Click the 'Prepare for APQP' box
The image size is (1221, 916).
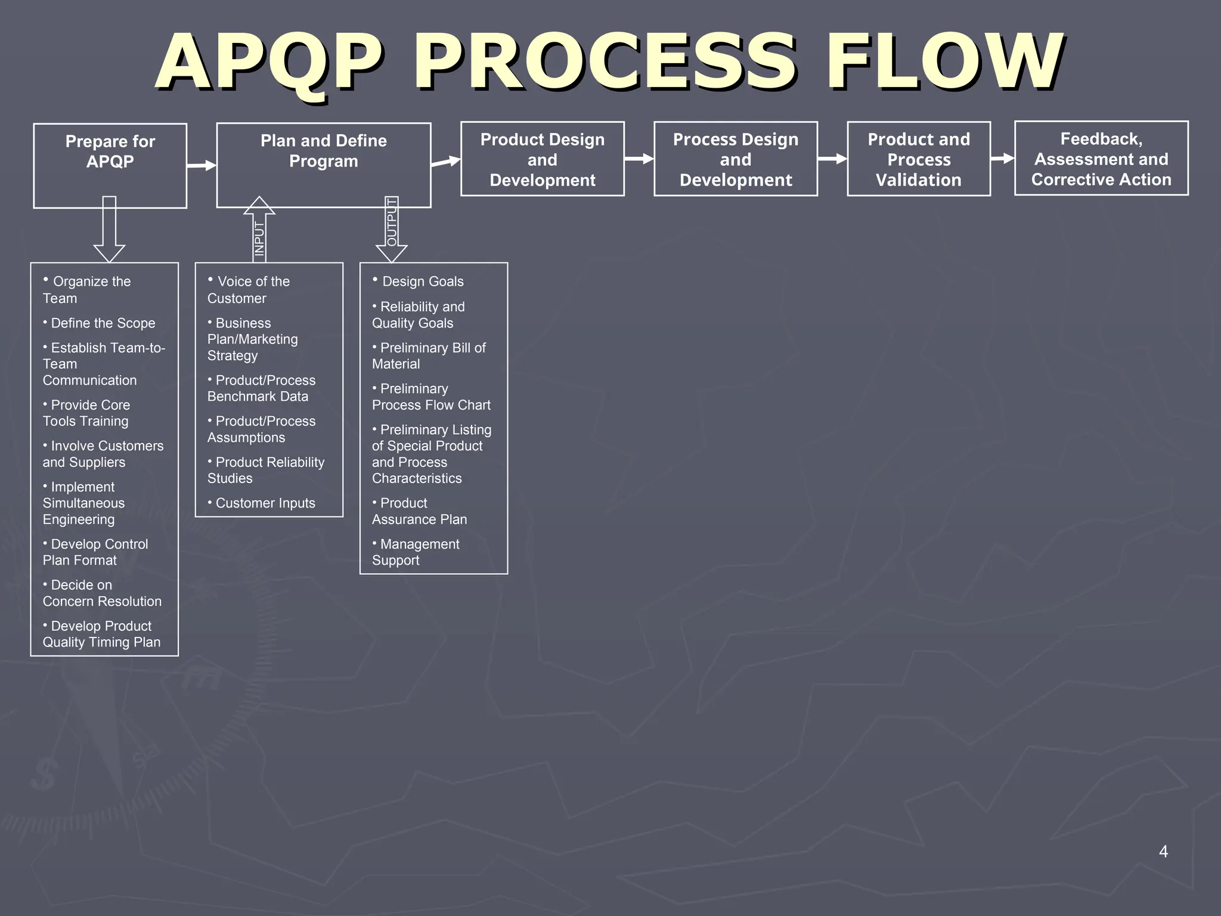point(110,165)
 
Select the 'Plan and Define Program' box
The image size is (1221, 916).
point(323,165)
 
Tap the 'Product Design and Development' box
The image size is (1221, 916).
point(542,159)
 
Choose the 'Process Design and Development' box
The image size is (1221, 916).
point(735,159)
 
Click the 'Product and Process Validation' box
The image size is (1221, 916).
point(918,159)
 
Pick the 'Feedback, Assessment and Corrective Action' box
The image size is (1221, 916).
point(1101,158)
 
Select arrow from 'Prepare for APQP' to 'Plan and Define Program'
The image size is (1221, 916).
point(202,165)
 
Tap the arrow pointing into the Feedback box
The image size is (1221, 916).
point(1002,159)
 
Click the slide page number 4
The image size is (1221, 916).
point(1163,852)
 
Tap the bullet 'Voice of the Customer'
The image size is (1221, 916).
point(249,290)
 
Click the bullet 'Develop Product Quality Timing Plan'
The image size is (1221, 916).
point(101,634)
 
